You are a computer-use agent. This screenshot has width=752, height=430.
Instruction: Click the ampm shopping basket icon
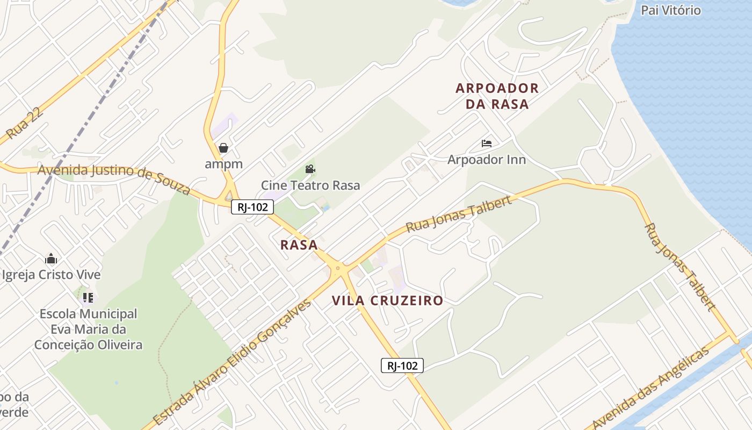click(x=223, y=148)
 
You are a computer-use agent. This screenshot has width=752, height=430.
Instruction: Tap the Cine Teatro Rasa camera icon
click(x=310, y=169)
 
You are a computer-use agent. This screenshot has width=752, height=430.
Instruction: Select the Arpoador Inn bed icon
click(x=487, y=144)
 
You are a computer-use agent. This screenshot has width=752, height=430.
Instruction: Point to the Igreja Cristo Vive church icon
click(x=51, y=259)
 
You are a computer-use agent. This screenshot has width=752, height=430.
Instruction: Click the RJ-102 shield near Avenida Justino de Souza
click(x=252, y=207)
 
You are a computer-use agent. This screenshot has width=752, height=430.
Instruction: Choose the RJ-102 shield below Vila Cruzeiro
click(x=402, y=365)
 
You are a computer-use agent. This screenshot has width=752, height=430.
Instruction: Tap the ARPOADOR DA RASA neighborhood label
click(x=497, y=96)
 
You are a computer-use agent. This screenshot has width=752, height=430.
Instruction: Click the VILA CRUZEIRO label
click(x=387, y=300)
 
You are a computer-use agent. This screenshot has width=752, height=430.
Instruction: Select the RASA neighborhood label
click(x=299, y=245)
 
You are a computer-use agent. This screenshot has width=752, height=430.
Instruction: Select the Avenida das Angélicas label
click(x=650, y=387)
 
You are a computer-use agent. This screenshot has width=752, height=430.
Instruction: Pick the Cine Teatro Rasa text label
click(x=310, y=185)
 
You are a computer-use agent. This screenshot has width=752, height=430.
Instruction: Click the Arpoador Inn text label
click(x=487, y=160)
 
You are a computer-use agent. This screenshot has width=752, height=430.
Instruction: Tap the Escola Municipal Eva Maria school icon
click(x=88, y=297)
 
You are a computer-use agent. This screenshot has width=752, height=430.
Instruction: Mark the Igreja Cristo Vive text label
click(x=51, y=275)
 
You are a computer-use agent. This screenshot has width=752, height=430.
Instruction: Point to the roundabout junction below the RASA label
click(x=338, y=268)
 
